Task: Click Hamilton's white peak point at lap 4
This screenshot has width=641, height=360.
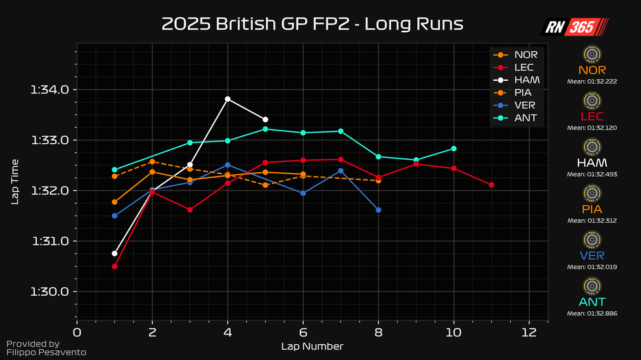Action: coord(227,99)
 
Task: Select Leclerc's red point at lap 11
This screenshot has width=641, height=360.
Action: coord(491,185)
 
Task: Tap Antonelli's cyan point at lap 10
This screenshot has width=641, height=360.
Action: coord(454,148)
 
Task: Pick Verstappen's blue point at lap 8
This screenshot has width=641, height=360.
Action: coord(378,210)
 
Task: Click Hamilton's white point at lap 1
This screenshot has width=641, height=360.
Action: coord(114,253)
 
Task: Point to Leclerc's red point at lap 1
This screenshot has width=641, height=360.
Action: coord(114,266)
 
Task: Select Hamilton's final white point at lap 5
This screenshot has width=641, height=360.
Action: coord(265,120)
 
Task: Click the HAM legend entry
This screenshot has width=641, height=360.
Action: coord(527,80)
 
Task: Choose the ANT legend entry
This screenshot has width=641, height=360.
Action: coord(525,118)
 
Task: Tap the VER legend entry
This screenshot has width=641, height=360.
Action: coord(525,106)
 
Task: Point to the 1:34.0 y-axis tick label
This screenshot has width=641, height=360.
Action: coord(50,90)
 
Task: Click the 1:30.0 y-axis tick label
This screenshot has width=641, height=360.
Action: coord(50,292)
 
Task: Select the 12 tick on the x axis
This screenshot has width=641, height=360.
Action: coord(529,332)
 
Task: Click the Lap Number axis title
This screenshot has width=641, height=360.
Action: coord(312,346)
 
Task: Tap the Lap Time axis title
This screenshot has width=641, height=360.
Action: coord(15,181)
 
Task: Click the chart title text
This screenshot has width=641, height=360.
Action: coord(312,24)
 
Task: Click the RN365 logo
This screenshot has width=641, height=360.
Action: coord(574,27)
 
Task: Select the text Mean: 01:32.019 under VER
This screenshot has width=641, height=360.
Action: coord(592,267)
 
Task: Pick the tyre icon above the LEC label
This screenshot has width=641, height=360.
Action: coord(592,100)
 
